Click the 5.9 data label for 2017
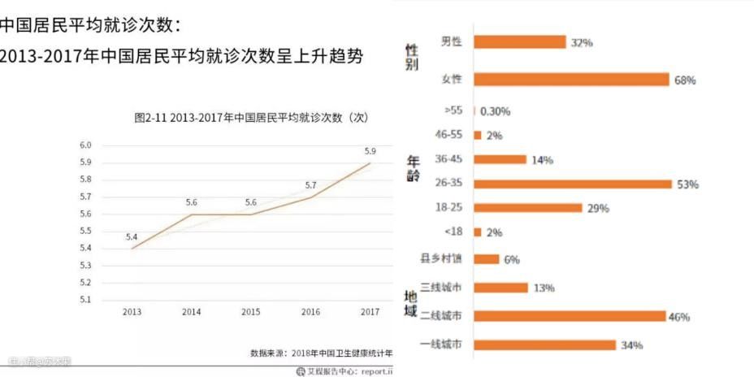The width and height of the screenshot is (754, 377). pos(370,151)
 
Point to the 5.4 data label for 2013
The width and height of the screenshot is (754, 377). pos(132,236)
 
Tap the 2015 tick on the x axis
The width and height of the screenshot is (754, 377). pos(251,312)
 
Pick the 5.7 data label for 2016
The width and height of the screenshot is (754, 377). pos(310,185)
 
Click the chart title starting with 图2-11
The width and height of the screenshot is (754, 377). pos(251,118)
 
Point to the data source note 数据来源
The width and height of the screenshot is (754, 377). pos(322,353)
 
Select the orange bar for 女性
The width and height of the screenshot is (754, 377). pos(570,80)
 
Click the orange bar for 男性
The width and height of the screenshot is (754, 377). pos(519,41)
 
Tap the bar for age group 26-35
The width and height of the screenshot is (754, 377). pos(573,184)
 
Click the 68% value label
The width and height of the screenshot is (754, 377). pos(685,80)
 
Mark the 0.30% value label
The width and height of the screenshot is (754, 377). pos(496,111)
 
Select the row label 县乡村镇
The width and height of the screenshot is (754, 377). pos(441,259)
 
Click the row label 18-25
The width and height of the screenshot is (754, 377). pos(448,208)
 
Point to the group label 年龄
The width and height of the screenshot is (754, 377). pos(413,169)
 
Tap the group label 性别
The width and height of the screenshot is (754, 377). pos(412,58)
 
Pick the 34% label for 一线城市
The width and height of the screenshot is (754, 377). pos(631,345)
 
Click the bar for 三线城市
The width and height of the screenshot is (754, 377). pos(500,288)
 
